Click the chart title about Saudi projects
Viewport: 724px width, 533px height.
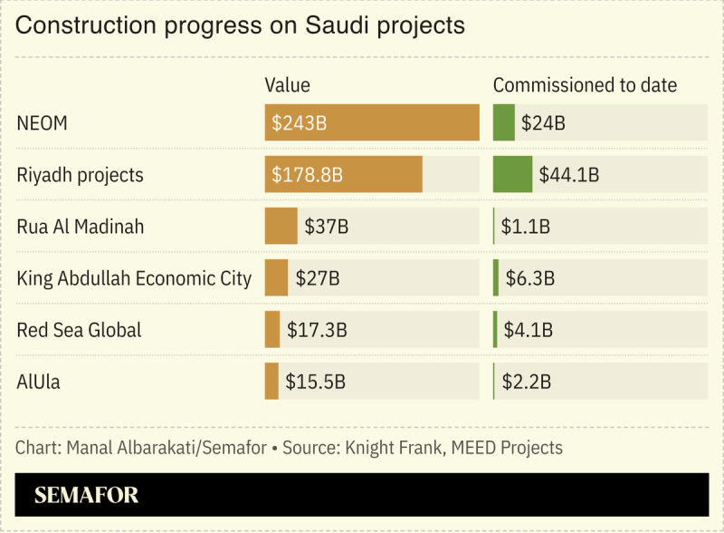click(241, 25)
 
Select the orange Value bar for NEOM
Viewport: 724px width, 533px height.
click(371, 123)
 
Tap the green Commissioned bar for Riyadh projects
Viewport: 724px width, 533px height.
click(512, 175)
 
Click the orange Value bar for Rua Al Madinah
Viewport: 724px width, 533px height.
click(281, 226)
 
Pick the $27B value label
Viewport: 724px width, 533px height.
click(318, 278)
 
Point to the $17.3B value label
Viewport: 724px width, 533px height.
click(317, 330)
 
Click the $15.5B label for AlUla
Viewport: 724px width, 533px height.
click(315, 382)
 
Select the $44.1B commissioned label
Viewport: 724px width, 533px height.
click(568, 175)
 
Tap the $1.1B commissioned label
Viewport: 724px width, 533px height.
click(526, 226)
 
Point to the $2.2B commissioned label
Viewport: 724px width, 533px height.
click(526, 382)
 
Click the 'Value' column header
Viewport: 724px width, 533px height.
click(287, 85)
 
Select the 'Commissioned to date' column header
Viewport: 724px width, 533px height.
click(585, 85)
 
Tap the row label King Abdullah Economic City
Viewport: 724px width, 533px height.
click(134, 278)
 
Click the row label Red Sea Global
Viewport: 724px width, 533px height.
click(79, 330)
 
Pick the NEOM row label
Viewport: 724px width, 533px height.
click(42, 123)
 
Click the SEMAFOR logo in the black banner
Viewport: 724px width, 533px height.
click(86, 496)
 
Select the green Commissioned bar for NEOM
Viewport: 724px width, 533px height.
click(503, 123)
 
